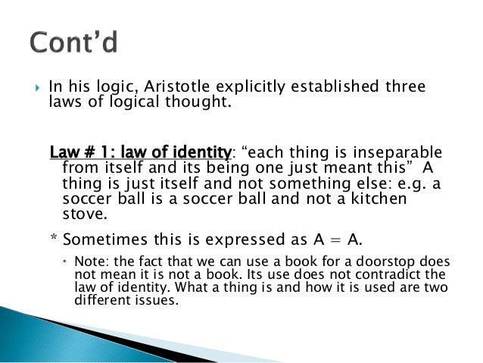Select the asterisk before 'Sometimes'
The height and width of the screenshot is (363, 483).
coord(52,241)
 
